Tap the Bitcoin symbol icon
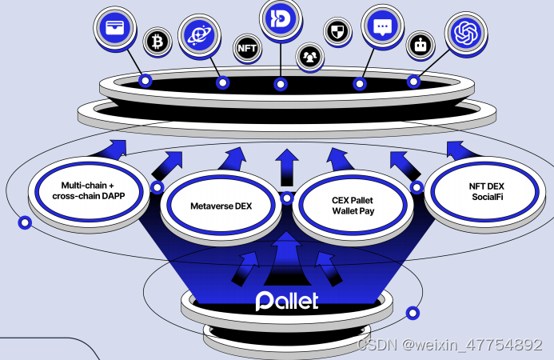click(157, 41)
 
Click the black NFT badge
click(247, 48)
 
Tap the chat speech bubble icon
click(382, 27)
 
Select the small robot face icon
click(420, 46)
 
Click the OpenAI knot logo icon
click(466, 34)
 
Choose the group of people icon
click(309, 56)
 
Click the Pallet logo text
click(286, 301)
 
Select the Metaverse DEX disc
click(221, 206)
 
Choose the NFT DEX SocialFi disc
click(481, 192)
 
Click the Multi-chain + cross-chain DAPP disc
click(89, 190)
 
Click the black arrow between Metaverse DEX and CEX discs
click(285, 170)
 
